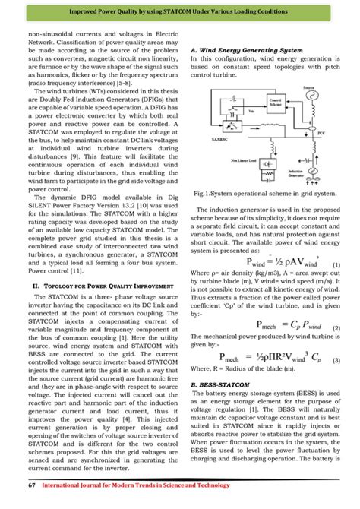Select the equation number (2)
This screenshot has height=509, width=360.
(x=336, y=327)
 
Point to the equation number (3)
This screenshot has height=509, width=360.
(x=336, y=359)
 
